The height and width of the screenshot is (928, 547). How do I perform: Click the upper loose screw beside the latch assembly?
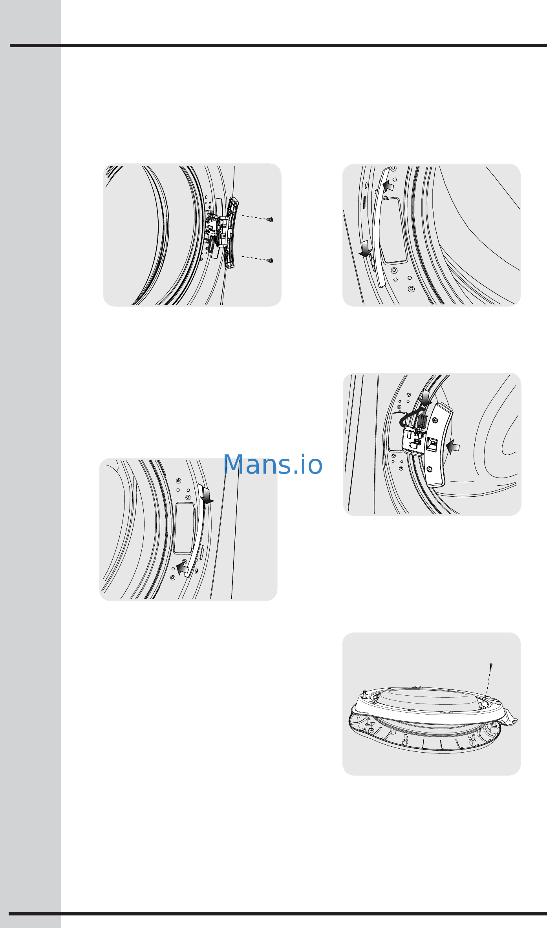click(270, 219)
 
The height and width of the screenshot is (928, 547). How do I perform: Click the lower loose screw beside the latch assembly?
click(270, 260)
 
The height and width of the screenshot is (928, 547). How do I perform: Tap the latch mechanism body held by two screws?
click(218, 232)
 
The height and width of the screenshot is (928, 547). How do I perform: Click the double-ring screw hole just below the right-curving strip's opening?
click(393, 270)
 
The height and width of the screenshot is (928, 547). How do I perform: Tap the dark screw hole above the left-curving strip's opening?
click(179, 481)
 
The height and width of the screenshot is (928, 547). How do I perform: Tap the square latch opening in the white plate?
click(432, 445)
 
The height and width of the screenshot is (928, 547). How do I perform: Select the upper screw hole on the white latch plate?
click(435, 421)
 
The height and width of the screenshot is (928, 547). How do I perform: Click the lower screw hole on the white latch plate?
click(430, 469)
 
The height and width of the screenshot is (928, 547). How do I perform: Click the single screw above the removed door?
click(491, 667)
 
